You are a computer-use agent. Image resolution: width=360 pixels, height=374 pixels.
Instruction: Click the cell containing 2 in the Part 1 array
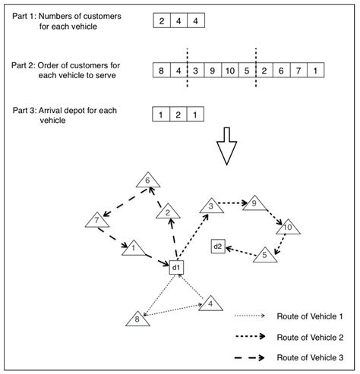(163, 21)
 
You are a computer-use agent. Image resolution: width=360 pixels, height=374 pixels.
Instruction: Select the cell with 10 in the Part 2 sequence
(229, 71)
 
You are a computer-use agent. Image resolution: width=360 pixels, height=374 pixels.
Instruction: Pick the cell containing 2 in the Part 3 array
(179, 115)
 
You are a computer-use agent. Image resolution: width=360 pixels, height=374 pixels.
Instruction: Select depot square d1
(175, 267)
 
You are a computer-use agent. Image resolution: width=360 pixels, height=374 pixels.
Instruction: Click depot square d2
(218, 246)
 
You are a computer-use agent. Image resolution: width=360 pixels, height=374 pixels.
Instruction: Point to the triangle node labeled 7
(96, 222)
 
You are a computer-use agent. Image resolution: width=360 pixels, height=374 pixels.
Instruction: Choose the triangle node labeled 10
(287, 227)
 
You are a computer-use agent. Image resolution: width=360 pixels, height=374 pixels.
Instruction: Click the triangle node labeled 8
(137, 319)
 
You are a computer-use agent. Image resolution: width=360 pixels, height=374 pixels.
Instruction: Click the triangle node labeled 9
(254, 203)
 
